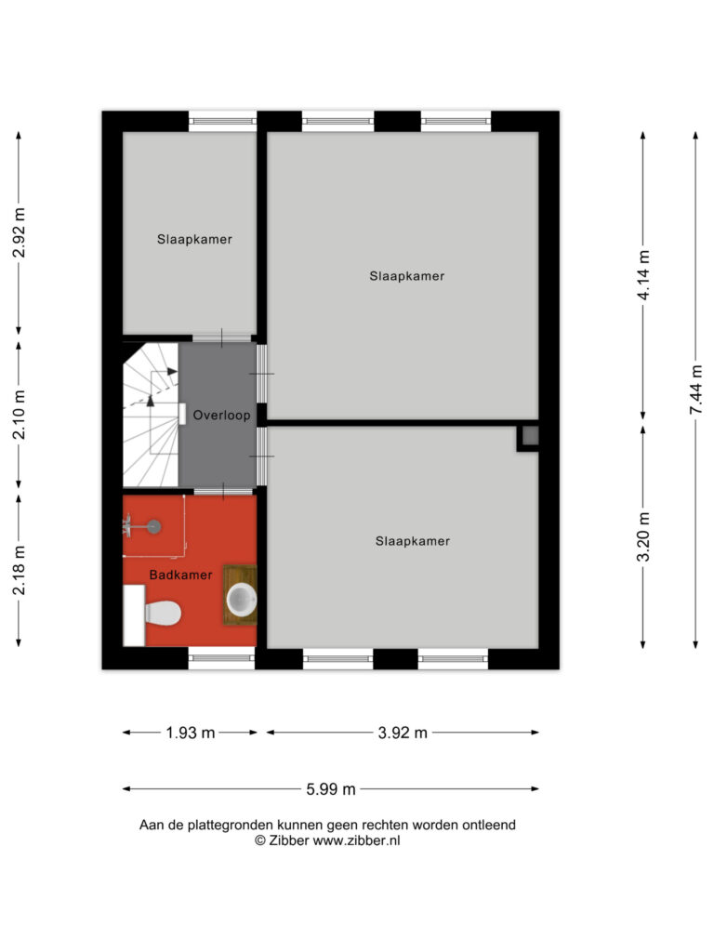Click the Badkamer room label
[x=181, y=575]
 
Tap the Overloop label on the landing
[x=221, y=416]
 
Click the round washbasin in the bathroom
[x=241, y=600]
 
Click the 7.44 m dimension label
[x=696, y=390]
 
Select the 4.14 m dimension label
[x=644, y=274]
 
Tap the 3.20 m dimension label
[x=644, y=536]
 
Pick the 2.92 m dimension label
[x=20, y=232]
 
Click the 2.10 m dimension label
[x=20, y=415]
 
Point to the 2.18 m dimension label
[x=20, y=570]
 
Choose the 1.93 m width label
[x=190, y=733]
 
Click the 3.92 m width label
[x=403, y=733]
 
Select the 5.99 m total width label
[x=331, y=789]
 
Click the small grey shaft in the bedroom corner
[x=530, y=435]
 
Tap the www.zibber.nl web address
[x=356, y=840]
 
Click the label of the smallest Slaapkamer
[x=194, y=239]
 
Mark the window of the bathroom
[x=221, y=657]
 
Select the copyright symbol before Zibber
[x=260, y=840]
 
